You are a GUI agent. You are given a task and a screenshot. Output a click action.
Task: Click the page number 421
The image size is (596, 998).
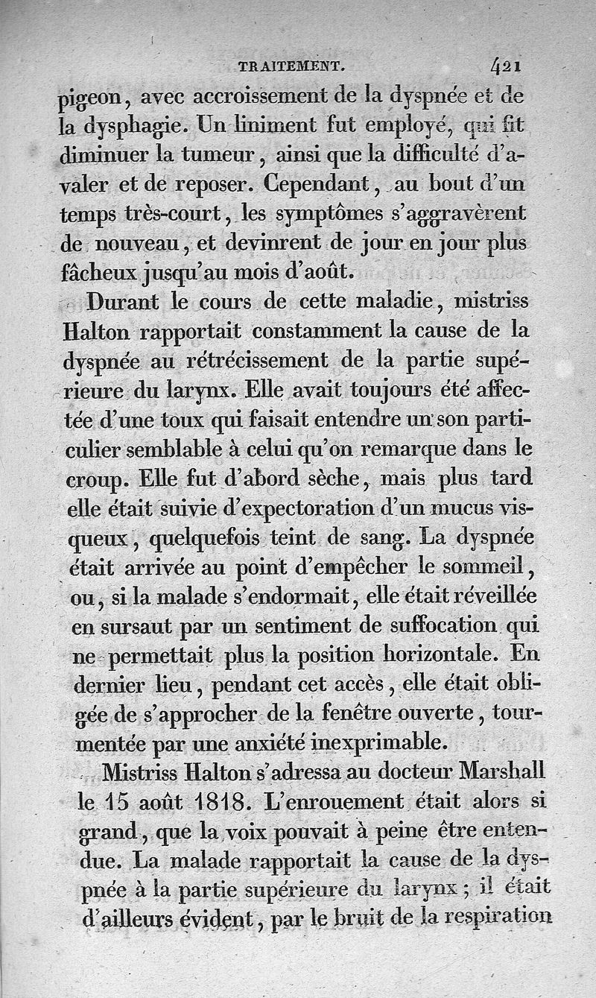[505, 66]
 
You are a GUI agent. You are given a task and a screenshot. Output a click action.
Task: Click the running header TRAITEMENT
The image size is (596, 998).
[290, 67]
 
